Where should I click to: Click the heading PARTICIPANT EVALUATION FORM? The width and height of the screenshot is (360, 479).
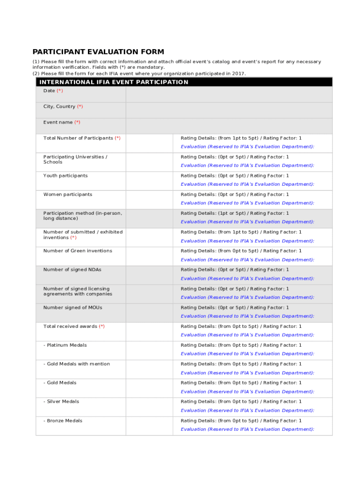tap(98, 52)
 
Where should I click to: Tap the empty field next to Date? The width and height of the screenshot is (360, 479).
tap(229, 94)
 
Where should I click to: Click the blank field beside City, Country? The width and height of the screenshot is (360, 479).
tap(229, 110)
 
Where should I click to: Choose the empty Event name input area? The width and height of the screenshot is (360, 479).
tap(229, 126)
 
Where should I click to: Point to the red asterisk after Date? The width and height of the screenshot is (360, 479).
tap(60, 91)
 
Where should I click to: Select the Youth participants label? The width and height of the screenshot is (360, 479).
tap(65, 176)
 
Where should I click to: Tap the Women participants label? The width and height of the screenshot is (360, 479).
tap(68, 195)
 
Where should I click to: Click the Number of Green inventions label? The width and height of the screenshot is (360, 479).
tap(78, 251)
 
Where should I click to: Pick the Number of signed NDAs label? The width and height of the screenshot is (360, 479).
tap(72, 269)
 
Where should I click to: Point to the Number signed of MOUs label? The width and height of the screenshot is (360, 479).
tap(72, 307)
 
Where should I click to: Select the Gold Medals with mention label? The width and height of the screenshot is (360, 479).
tap(77, 364)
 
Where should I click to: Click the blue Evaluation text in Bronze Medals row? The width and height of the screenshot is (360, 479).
tap(247, 429)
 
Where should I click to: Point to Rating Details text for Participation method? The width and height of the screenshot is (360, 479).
tap(235, 213)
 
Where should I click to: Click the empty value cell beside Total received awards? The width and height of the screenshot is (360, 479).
tap(149, 331)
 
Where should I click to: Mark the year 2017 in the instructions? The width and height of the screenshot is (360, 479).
tap(238, 73)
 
